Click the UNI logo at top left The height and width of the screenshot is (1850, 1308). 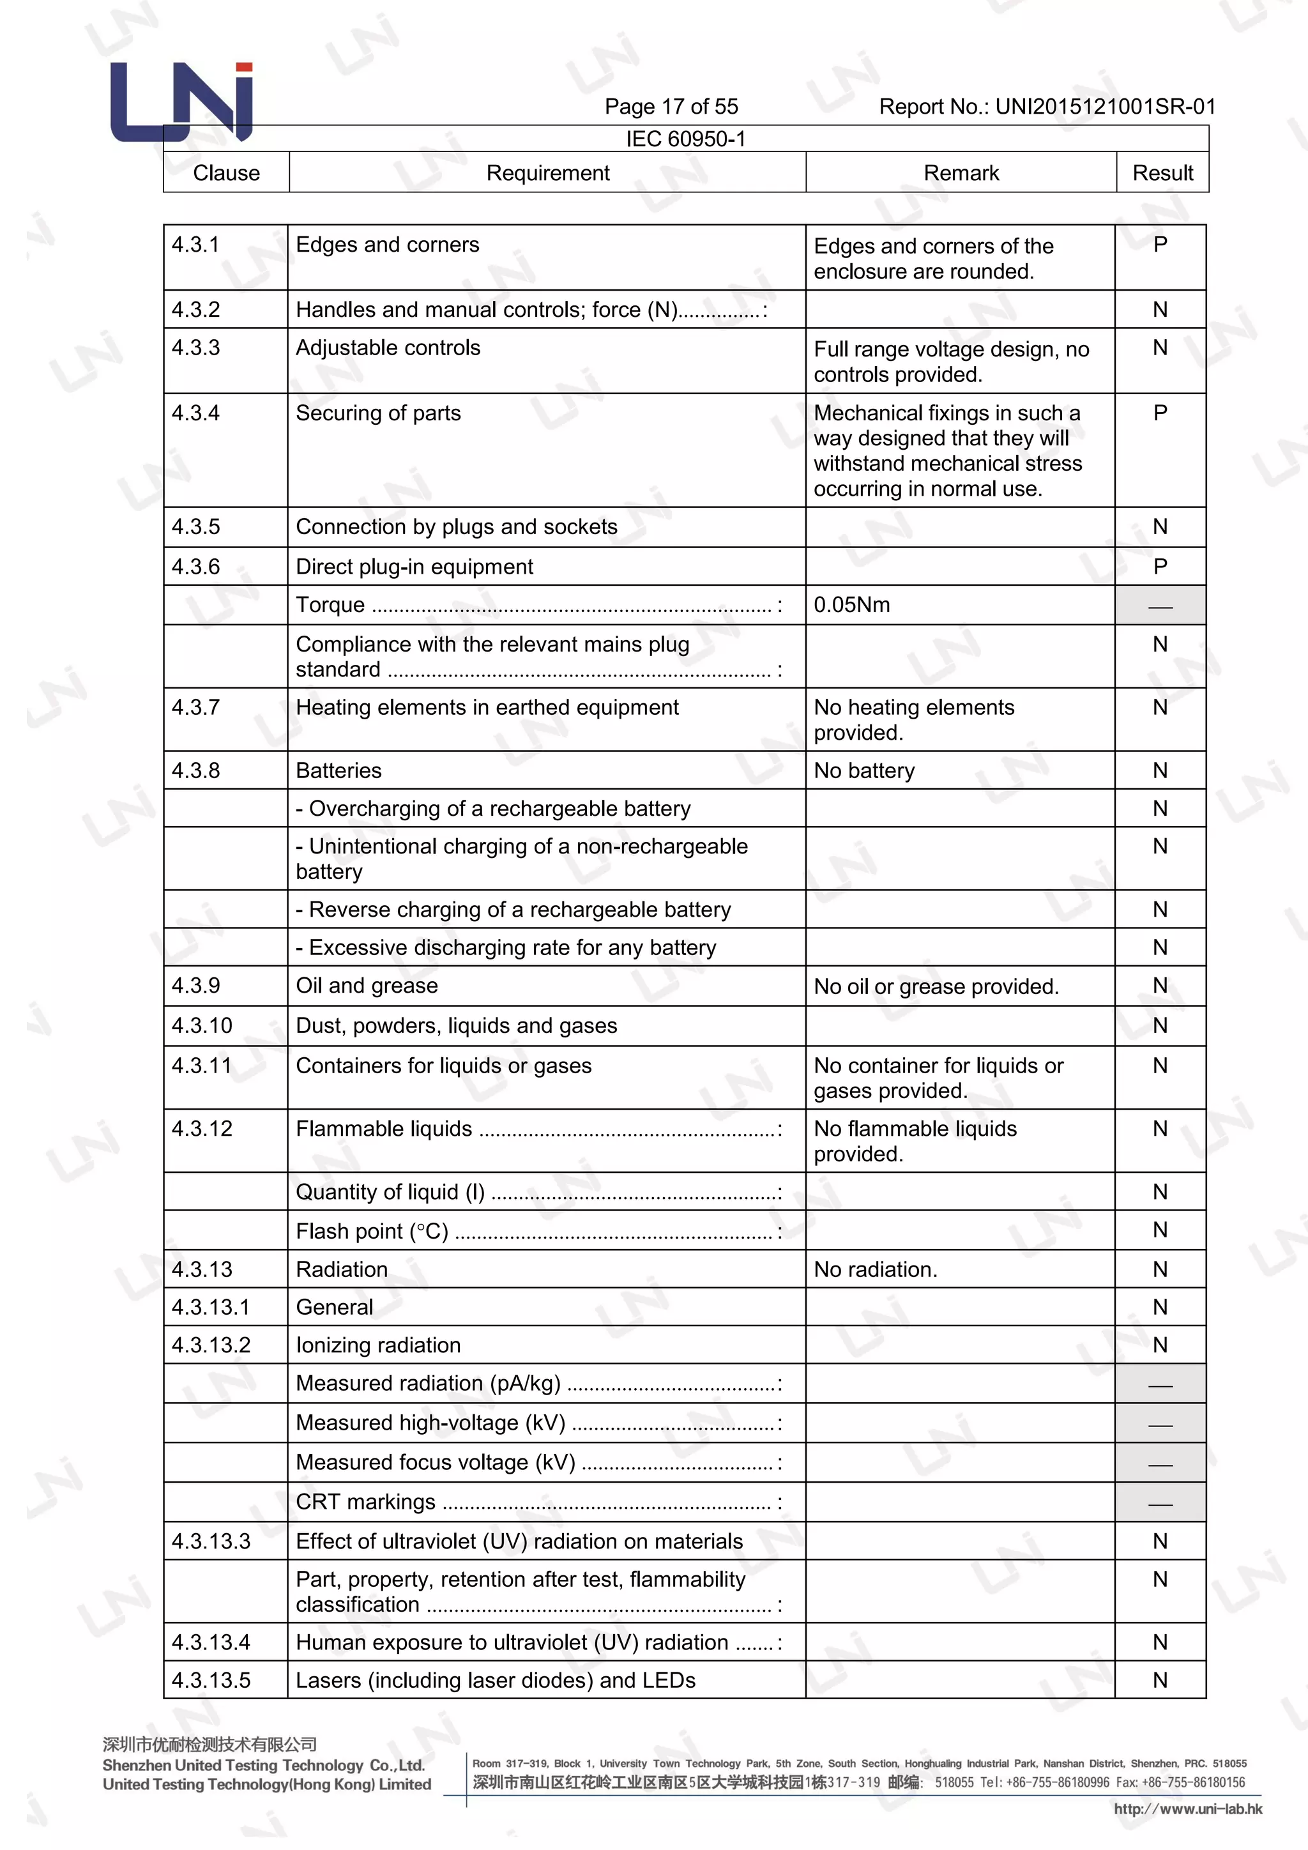[x=182, y=102]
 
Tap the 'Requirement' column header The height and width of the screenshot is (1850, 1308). [x=548, y=173]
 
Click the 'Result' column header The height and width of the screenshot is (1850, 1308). [x=1162, y=173]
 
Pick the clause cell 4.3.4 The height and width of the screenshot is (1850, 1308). [x=195, y=413]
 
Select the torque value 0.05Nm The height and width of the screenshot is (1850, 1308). [x=851, y=605]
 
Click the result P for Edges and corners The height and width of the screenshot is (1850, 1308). [x=1160, y=245]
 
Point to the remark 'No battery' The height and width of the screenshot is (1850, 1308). [x=864, y=771]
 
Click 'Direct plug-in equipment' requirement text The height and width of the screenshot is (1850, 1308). [x=414, y=567]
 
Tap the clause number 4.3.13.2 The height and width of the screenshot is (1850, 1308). [x=211, y=1345]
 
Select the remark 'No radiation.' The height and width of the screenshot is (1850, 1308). [x=876, y=1270]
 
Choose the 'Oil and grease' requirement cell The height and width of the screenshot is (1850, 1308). [x=367, y=986]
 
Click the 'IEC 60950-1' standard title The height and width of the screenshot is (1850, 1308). [x=685, y=139]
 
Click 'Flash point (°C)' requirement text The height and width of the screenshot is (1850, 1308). [x=372, y=1231]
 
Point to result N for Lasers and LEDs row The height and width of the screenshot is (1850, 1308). [x=1160, y=1680]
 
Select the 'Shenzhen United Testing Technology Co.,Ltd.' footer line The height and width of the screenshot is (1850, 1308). [x=263, y=1766]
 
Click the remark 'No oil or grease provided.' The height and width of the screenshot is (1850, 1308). [x=936, y=987]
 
